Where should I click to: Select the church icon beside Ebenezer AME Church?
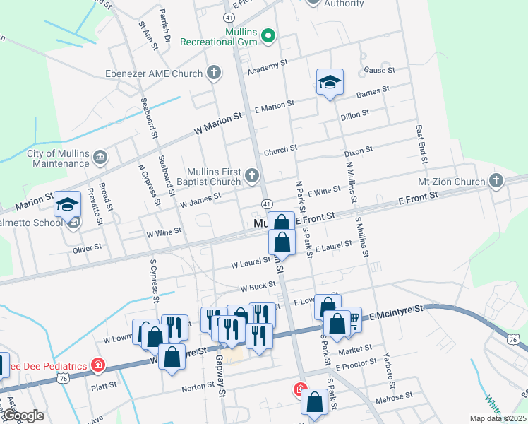pyautogui.click(x=214, y=73)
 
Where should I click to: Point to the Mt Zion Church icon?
pyautogui.click(x=496, y=182)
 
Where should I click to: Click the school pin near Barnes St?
pyautogui.click(x=330, y=84)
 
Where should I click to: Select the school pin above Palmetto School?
pyautogui.click(x=68, y=205)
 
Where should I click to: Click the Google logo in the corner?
pyautogui.click(x=23, y=416)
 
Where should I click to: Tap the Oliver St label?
pyautogui.click(x=88, y=249)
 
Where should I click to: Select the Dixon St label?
pyautogui.click(x=357, y=152)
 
